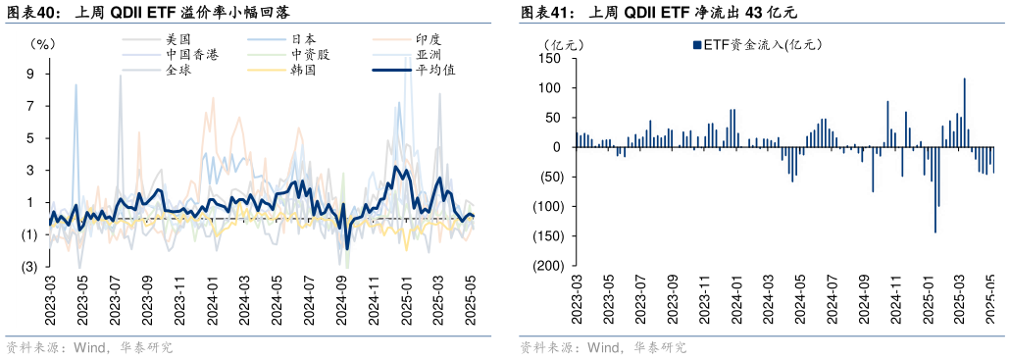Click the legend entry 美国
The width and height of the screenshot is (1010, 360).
coord(177,39)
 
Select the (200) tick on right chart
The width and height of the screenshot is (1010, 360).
coord(545,266)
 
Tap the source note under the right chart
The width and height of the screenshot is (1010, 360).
coord(602,347)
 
